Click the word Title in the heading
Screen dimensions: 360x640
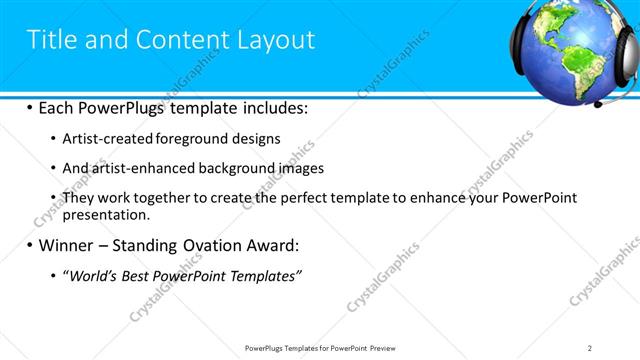pos(51,40)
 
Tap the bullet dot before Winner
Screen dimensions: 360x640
pos(29,245)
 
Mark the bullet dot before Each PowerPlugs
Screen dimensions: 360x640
pos(29,107)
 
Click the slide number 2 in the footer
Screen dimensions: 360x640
pos(590,347)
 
